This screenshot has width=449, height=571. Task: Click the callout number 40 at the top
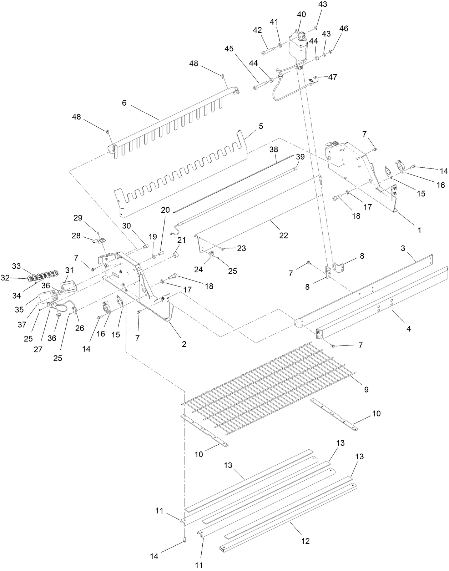301,15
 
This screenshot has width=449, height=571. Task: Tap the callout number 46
344,29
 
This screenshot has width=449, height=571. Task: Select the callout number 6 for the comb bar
124,103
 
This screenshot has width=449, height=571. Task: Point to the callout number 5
261,126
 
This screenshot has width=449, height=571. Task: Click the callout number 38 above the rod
274,149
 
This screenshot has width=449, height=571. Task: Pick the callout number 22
283,236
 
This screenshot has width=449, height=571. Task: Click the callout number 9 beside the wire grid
366,389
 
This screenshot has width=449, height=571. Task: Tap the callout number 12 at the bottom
305,541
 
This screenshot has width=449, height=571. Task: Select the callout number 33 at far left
16,266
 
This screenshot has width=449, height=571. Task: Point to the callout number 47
332,77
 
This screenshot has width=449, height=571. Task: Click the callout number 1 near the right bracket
419,230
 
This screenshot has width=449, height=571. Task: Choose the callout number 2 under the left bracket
184,344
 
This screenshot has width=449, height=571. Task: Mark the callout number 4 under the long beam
409,329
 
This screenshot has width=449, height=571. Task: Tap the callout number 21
182,240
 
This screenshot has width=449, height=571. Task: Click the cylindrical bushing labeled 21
176,256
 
